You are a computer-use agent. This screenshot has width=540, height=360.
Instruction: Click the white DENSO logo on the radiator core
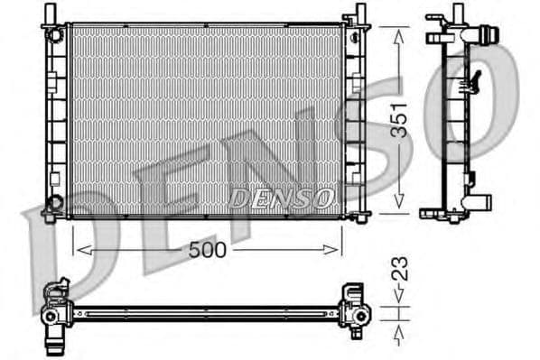pos(281,196)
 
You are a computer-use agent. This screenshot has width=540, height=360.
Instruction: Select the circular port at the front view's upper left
pos(56,35)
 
